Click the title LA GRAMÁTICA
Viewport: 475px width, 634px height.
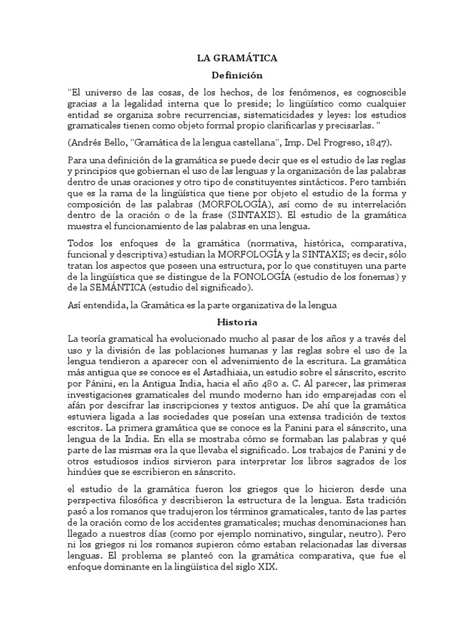pos(237,58)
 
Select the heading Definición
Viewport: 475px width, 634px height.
pos(237,76)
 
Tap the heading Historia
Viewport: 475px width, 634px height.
pos(237,323)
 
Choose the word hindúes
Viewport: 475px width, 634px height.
pos(85,472)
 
